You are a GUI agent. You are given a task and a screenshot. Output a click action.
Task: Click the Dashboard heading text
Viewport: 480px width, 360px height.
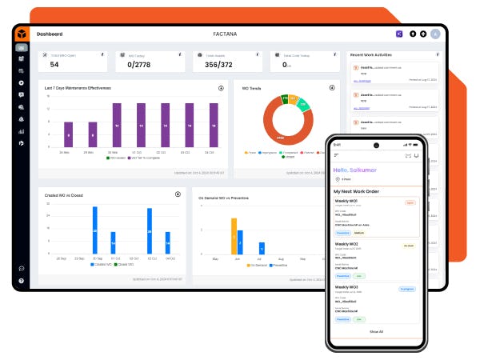[50, 34]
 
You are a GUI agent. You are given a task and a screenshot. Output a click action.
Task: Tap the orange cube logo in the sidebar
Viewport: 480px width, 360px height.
[21, 34]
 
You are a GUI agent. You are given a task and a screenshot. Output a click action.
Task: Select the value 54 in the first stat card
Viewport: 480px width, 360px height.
[54, 65]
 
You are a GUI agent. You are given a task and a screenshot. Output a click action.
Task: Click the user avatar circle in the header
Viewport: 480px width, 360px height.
[435, 34]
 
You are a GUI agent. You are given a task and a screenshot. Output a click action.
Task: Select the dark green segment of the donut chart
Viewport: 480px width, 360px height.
[284, 99]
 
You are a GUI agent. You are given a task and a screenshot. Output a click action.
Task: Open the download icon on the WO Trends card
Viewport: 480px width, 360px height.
[332, 88]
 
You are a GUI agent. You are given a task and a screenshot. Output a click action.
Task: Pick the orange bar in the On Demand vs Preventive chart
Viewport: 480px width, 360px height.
[234, 235]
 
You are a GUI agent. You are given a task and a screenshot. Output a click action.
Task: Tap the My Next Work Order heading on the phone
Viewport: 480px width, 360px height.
[360, 192]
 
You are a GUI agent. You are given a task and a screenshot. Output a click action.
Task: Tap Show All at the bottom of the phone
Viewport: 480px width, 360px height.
[376, 330]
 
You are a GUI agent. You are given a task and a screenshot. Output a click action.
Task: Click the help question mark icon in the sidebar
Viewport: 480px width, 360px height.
[21, 281]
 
